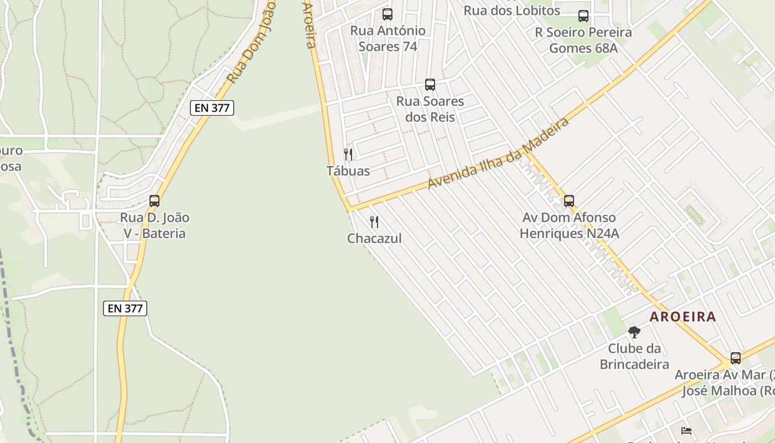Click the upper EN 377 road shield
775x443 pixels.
pos(212,108)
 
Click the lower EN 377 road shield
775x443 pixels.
pos(125,308)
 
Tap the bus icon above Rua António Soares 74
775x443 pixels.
pos(387,14)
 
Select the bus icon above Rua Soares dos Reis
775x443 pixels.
pos(430,85)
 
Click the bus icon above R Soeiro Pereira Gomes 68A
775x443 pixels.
pos(583,16)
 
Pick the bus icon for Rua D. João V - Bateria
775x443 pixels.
pos(154,201)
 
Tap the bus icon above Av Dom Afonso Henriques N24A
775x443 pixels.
pos(569,201)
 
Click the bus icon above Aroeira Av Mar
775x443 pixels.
pos(736,358)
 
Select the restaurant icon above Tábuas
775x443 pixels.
pos(348,154)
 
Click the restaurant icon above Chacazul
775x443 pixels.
pos(374,222)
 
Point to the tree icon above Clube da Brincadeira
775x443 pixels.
pos(634,332)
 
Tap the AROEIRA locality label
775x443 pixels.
pos(683,317)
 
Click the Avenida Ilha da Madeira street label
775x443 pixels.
pos(498,152)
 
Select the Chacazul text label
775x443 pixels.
pos(374,239)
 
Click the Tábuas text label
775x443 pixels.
pos(348,171)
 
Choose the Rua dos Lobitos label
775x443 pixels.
pos(512,11)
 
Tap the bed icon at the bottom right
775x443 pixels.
pos(686,430)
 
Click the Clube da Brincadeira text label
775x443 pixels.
pos(634,357)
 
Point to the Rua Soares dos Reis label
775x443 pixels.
pos(430,109)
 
